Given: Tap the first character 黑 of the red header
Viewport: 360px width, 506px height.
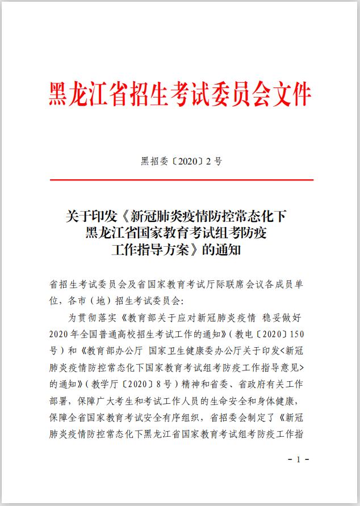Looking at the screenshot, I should point(61,95).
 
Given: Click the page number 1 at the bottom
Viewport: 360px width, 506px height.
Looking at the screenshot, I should point(298,459).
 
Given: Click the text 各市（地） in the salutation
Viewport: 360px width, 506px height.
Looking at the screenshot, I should point(95,299).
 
